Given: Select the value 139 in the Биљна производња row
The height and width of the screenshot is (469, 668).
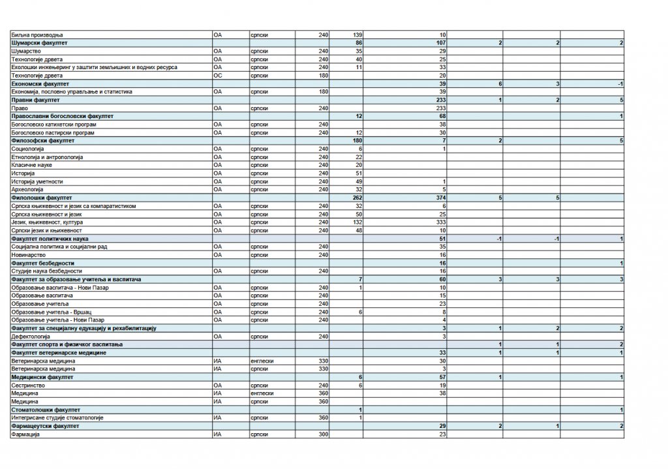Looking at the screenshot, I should [x=357, y=35].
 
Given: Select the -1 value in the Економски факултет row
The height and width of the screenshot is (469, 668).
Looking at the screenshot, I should [x=620, y=83].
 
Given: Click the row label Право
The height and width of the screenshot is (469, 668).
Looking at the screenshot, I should [x=19, y=108].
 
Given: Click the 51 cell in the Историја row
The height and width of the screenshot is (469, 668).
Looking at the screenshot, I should [x=358, y=173].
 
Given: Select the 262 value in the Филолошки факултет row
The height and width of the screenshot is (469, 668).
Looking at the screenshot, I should [x=356, y=198].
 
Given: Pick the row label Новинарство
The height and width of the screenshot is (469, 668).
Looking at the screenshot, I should [x=28, y=254].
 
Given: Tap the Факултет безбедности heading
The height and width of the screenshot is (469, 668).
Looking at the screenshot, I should [x=43, y=263].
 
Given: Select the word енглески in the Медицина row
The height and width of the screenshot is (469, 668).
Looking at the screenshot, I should [x=262, y=393].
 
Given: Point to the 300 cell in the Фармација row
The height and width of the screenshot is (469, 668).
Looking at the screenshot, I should [x=322, y=434].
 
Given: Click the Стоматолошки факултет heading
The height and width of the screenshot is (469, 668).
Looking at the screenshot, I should [x=46, y=410].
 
